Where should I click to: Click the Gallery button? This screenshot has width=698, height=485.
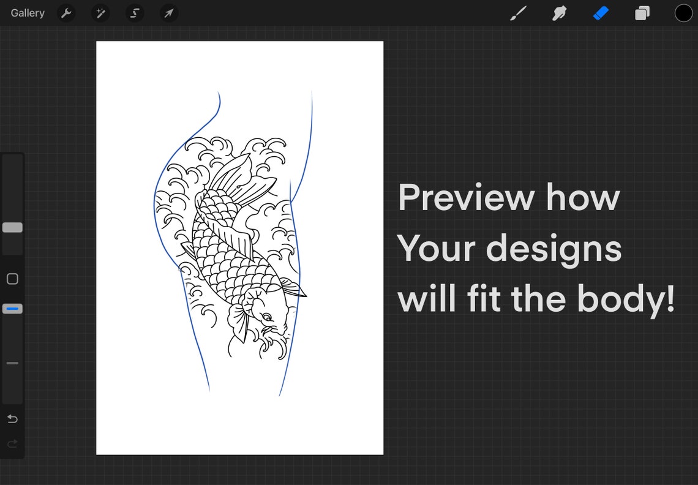click(x=28, y=13)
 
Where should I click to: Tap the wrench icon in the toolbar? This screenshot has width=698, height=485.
click(x=66, y=13)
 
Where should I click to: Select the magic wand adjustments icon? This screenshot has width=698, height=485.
click(x=100, y=13)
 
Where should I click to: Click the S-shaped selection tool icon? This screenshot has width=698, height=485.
click(x=135, y=13)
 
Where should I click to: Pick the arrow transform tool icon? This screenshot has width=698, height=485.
click(x=169, y=13)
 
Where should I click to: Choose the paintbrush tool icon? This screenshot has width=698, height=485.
click(x=518, y=13)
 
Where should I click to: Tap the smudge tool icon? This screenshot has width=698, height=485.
click(x=559, y=13)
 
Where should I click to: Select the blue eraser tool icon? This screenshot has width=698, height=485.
click(x=601, y=13)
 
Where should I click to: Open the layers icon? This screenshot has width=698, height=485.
click(x=642, y=13)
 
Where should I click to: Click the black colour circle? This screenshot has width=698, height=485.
click(x=683, y=13)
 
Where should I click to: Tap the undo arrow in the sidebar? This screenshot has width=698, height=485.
click(x=12, y=419)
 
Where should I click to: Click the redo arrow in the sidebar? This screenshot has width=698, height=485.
click(x=12, y=444)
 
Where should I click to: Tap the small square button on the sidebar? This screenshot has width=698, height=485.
click(x=12, y=279)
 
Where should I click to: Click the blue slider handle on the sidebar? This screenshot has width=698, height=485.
click(x=12, y=309)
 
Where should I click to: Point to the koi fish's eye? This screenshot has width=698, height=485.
click(x=267, y=317)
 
